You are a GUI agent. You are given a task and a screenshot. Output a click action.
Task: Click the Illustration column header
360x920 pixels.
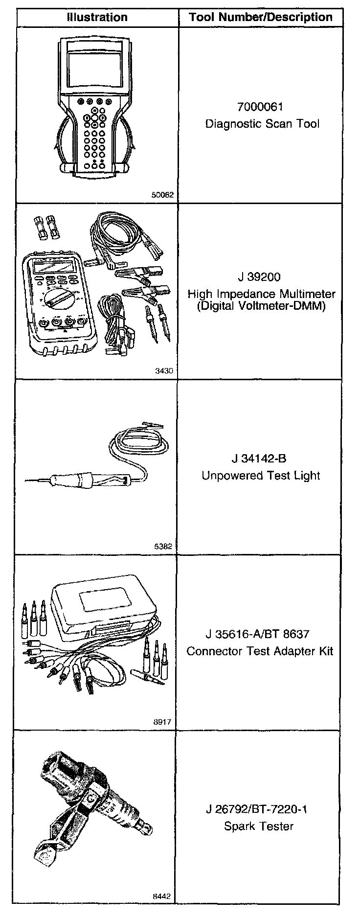click(97, 17)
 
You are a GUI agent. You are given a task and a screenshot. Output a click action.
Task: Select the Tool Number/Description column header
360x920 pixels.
click(261, 18)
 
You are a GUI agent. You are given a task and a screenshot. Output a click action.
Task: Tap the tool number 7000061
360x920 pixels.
click(260, 107)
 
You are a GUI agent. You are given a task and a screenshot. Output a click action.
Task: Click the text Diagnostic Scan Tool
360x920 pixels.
click(262, 124)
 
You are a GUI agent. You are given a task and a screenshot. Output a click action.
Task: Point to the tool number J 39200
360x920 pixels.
click(259, 277)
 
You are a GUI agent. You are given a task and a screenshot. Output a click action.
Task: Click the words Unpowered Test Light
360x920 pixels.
click(261, 476)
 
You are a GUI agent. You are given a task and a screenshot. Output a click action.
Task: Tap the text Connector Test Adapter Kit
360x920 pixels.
click(260, 651)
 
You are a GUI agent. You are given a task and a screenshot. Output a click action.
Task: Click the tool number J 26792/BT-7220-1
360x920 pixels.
click(257, 809)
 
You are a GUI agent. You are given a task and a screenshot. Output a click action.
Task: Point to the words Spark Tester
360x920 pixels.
click(259, 826)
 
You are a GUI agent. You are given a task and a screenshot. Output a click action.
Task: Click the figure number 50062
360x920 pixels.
click(162, 194)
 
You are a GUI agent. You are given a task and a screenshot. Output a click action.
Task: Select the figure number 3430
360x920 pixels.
click(164, 371)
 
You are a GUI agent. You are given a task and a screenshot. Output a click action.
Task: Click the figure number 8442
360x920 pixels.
click(162, 897)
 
